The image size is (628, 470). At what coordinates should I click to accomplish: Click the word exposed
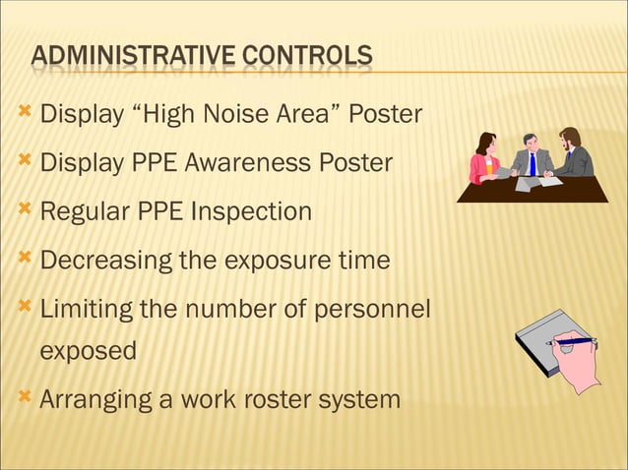click(89, 351)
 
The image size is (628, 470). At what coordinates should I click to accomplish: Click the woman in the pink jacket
click(483, 159)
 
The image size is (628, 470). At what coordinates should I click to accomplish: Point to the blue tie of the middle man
click(533, 162)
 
